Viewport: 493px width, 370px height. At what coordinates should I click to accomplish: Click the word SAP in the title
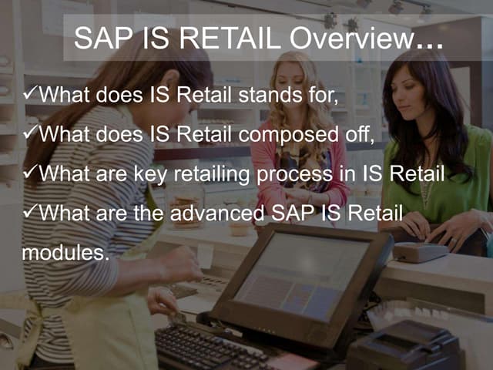(x=102, y=38)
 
